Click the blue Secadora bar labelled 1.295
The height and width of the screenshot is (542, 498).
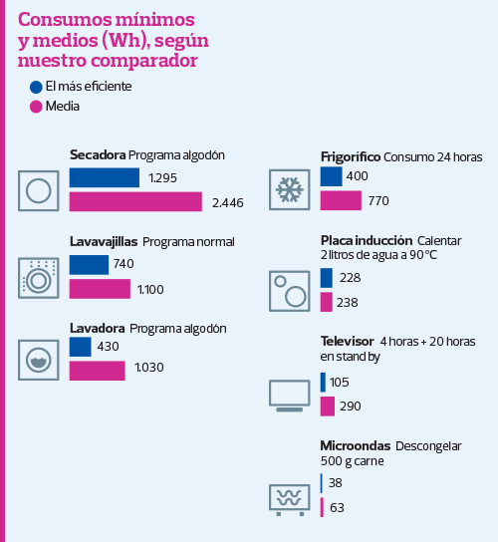point(105,177)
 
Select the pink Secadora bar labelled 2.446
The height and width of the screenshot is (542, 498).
point(136,202)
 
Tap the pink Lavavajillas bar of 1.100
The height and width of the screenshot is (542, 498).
point(100,289)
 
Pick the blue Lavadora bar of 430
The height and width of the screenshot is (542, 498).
point(81,347)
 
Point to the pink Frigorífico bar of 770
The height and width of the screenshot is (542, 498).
point(341,200)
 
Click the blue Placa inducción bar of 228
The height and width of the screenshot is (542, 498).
point(327,277)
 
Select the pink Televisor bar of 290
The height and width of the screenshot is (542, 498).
point(328,406)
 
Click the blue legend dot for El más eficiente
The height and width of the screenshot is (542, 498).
point(37,87)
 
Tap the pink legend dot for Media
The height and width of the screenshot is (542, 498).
point(37,107)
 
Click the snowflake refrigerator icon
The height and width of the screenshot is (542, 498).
point(290,188)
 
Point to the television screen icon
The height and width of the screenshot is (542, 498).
point(290,395)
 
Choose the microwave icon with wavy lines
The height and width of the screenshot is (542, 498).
point(290,498)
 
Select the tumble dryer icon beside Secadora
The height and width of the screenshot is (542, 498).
point(39,189)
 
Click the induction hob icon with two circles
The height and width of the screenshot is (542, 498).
point(290,291)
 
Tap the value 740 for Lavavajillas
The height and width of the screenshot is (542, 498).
point(124,264)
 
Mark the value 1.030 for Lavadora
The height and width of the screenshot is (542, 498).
point(148,368)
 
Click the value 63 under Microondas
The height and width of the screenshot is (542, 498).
point(336,508)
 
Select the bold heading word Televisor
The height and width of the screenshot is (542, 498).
point(347,341)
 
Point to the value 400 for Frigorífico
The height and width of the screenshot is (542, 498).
point(357,176)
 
